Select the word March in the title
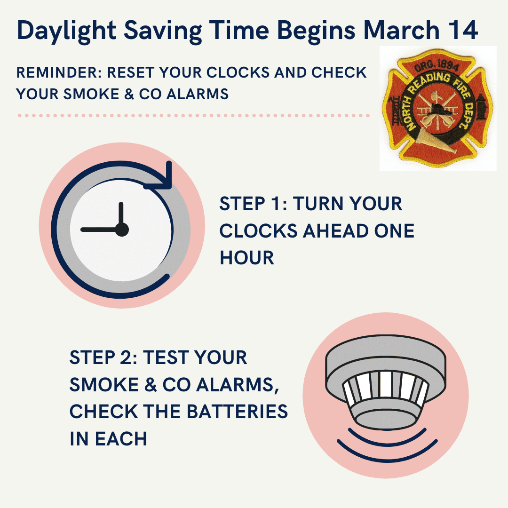[401, 30]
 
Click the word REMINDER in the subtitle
[59, 72]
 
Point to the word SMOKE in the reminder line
[91, 94]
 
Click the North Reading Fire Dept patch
[438, 108]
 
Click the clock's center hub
[122, 230]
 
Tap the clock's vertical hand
[121, 215]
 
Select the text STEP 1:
[254, 204]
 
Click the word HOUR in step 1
[247, 258]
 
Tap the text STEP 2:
[103, 357]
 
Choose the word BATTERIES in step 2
[237, 412]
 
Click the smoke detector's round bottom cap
[386, 420]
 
